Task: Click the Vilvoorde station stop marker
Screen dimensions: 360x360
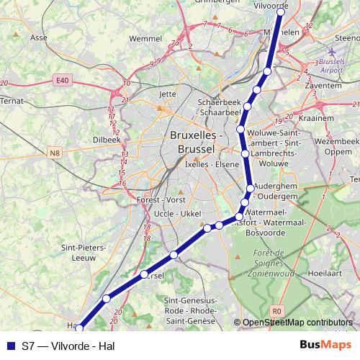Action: tap(281, 12)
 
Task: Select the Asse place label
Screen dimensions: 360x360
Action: tap(39, 37)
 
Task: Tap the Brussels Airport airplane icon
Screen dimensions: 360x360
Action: tap(331, 53)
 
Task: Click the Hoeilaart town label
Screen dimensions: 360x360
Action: tap(323, 274)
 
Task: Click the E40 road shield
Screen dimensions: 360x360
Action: tap(63, 82)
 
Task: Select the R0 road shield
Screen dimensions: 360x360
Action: tap(279, 311)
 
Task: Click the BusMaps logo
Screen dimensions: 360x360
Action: tap(320, 346)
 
